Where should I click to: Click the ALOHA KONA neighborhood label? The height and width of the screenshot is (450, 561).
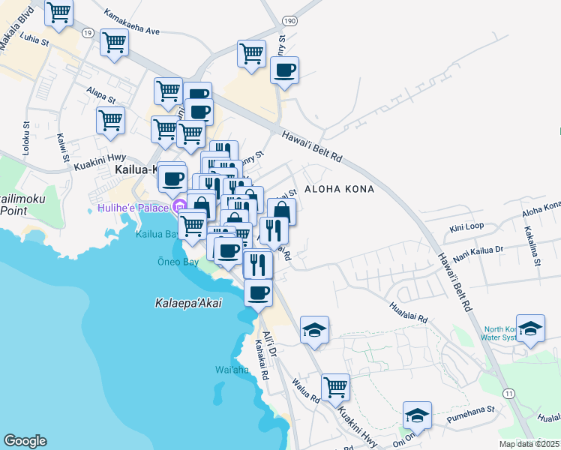pos(338,189)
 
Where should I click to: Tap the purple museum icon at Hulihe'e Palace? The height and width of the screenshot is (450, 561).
pos(179,206)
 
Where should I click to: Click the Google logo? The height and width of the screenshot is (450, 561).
pos(25,441)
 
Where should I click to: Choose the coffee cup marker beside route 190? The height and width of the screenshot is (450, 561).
pos(284,72)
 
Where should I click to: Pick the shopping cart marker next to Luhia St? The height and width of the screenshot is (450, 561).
pos(114,43)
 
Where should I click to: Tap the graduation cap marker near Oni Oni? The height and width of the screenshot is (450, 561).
pos(417,415)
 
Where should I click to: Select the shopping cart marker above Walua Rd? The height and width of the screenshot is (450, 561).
pos(335,388)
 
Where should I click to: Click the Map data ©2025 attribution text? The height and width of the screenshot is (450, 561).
pos(529,444)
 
